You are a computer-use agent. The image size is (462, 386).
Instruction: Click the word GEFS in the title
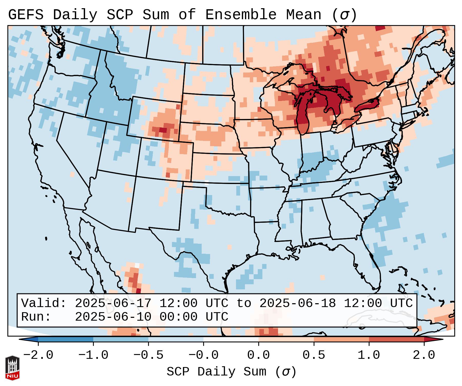point(26,15)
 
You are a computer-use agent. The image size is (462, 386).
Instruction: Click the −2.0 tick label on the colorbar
point(38,355)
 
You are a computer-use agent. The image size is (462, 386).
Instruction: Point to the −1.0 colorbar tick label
point(93,355)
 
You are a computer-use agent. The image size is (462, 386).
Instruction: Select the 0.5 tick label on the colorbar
point(314,355)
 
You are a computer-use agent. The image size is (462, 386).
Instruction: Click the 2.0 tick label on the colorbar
point(424,355)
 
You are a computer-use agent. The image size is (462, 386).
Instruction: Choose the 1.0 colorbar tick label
point(369,355)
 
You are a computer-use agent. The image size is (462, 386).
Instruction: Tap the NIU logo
point(12,368)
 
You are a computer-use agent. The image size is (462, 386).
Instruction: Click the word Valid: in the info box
point(44,303)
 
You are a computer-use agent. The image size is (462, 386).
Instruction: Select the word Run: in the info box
point(36,317)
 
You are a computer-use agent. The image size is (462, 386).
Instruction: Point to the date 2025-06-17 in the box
point(113,303)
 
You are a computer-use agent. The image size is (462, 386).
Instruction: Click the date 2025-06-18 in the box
point(297,303)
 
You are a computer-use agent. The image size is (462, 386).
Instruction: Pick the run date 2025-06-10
point(113,317)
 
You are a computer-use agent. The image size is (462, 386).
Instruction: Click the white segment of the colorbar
point(231,339)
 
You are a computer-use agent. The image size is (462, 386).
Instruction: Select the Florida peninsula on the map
point(372,267)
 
